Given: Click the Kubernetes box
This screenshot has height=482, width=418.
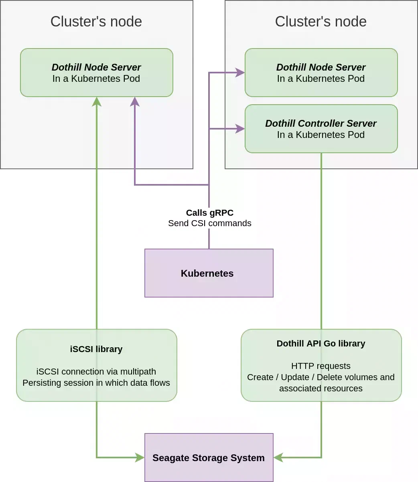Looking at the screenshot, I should click(209, 273).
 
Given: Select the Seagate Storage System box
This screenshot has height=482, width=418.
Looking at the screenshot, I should click(209, 458).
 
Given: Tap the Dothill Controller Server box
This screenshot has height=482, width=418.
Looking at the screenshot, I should click(321, 129).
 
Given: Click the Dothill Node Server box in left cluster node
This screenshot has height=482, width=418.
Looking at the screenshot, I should click(96, 73).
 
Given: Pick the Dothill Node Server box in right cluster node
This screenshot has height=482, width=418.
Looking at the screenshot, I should click(321, 73).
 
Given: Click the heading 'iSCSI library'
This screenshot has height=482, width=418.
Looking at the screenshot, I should click(96, 349).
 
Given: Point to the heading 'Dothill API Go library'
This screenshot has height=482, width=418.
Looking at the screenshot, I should click(321, 343).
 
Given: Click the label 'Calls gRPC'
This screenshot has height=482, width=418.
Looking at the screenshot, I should click(209, 213).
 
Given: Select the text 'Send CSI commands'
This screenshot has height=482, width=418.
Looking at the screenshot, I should click(209, 223).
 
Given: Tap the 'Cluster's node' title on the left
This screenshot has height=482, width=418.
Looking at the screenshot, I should click(96, 21).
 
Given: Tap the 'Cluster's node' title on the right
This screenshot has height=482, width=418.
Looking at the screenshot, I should click(321, 21).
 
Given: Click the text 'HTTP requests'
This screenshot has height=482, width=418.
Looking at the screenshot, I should click(321, 366).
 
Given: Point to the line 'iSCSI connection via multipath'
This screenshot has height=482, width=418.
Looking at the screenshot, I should click(96, 371).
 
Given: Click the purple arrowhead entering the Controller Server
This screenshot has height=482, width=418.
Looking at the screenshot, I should click(240, 129).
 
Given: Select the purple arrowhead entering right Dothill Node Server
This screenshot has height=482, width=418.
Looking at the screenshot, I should click(240, 73).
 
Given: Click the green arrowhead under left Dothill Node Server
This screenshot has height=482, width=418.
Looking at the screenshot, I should click(97, 102).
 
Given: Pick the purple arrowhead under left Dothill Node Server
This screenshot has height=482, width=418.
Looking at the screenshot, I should click(135, 102).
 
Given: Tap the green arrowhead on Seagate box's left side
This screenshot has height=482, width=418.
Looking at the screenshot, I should click(140, 458).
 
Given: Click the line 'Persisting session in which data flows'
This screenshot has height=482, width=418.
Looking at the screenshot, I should click(96, 383).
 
